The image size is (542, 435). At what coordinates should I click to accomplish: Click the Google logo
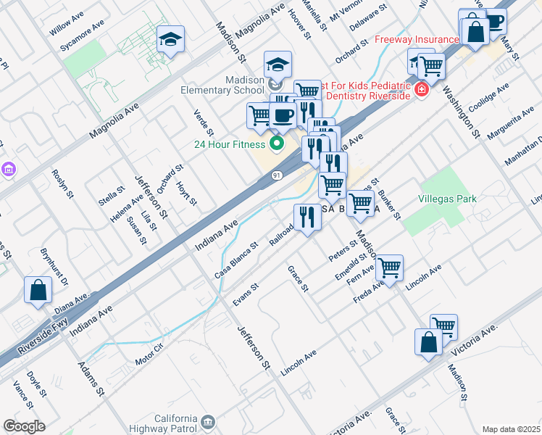(x=24, y=426)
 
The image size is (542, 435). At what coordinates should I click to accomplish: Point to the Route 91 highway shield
(x=277, y=175)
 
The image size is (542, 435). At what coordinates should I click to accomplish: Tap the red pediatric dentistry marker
(x=422, y=91)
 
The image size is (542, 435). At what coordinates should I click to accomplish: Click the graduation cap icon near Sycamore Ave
(x=171, y=39)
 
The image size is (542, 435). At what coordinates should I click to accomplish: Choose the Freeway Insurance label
(x=417, y=39)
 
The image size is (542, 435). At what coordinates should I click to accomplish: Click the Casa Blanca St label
(x=236, y=260)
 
